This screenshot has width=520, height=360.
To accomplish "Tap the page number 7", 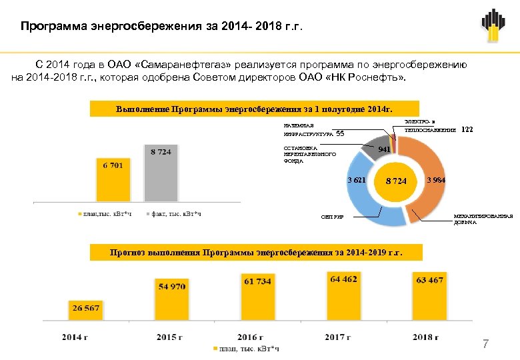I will [x=485, y=344].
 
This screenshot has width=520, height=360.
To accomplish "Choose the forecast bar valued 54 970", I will [x=173, y=299].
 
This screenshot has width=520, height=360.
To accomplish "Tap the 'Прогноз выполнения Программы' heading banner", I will [x=257, y=253].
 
